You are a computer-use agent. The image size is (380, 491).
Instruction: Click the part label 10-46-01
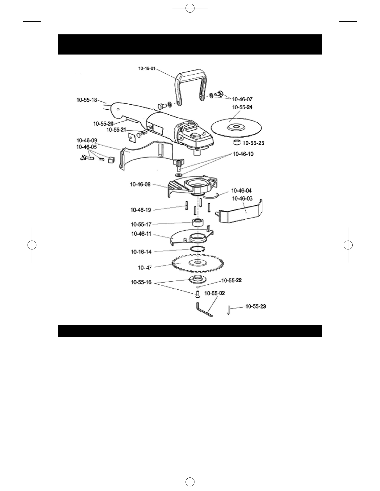coord(147,68)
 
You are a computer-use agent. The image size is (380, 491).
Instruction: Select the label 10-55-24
coord(242,107)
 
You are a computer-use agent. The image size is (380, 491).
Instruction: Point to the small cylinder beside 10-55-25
coord(237,142)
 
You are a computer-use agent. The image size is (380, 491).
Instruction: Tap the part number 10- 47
coord(145,268)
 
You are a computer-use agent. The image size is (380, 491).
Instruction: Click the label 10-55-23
coord(256,306)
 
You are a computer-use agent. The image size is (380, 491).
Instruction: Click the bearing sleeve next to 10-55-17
coord(198,222)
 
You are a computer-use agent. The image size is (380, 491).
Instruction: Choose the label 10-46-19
coord(141,210)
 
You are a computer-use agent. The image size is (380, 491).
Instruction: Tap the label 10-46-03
coord(242,198)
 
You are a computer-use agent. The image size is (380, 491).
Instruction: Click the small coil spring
coord(101,159)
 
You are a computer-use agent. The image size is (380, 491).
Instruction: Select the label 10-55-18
coord(87,100)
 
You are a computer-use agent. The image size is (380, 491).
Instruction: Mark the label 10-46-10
coord(243,154)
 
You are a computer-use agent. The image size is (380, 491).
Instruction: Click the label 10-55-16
coord(141,282)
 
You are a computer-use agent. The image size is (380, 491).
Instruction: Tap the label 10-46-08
coord(140,184)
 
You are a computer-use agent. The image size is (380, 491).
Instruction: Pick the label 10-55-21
coord(116,130)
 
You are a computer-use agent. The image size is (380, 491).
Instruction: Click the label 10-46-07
coord(242,99)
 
